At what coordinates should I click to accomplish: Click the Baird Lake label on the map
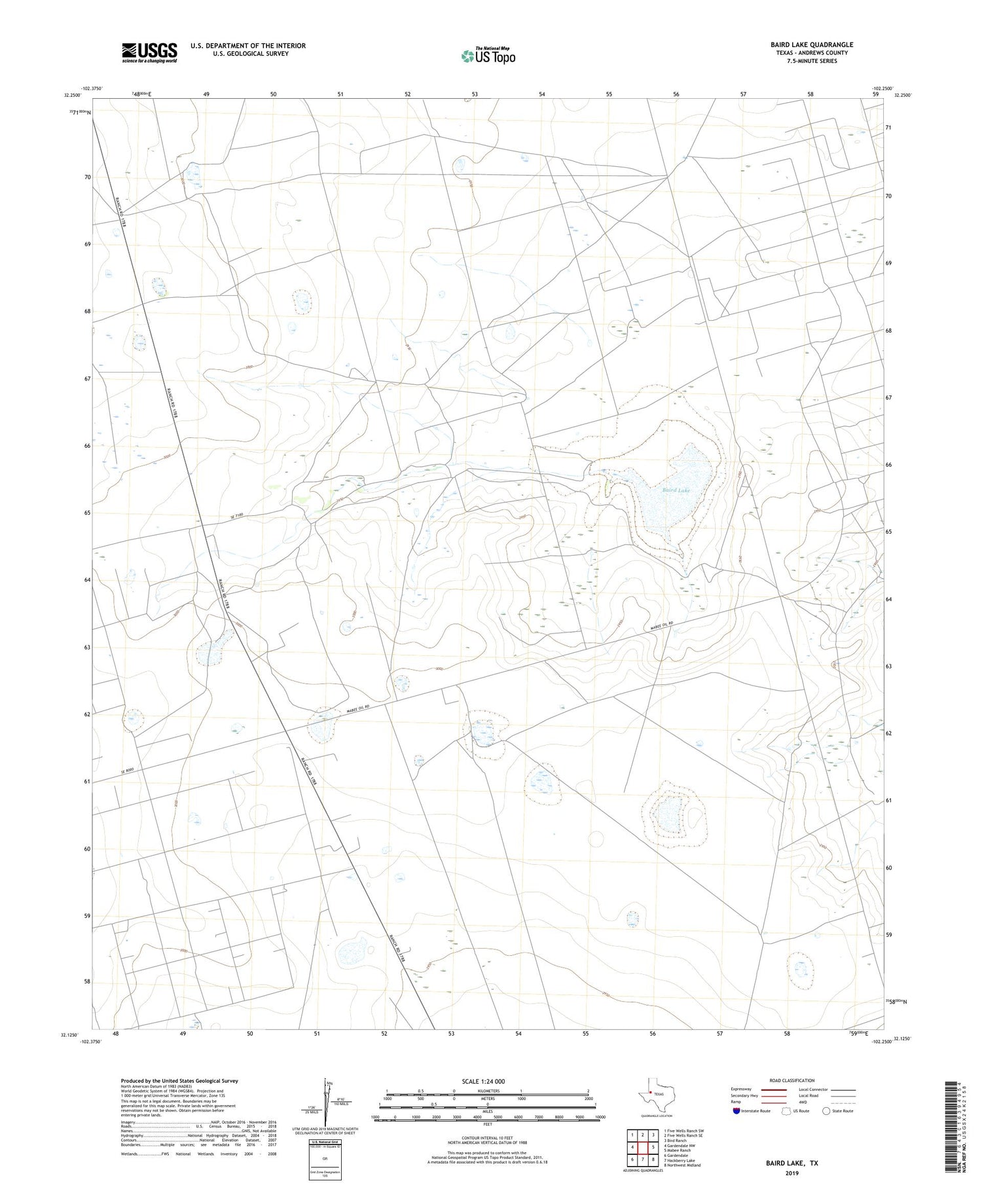tap(676, 490)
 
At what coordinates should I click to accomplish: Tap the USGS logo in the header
tap(149, 52)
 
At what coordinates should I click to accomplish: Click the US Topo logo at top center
tap(488, 56)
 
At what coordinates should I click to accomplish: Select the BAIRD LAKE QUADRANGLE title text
tap(812, 45)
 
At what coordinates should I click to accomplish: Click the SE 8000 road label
tap(127, 773)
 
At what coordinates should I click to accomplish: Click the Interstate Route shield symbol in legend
tap(736, 1110)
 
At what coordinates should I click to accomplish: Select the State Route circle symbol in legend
tap(826, 1110)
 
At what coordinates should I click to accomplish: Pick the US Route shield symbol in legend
tap(786, 1110)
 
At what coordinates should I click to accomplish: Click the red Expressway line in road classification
tap(773, 1090)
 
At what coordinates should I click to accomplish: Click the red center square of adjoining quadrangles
tap(643, 1147)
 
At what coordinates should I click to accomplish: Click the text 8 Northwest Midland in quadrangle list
tap(682, 1165)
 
